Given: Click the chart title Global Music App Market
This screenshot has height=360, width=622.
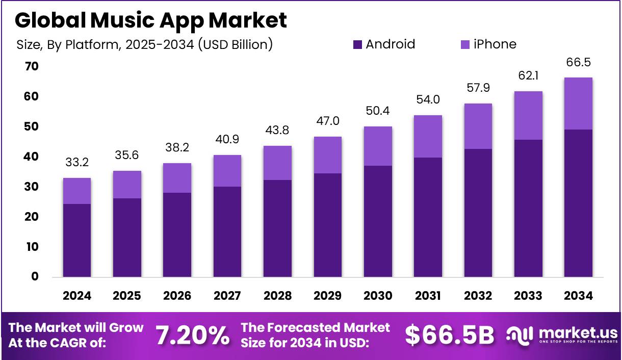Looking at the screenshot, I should coord(150,20).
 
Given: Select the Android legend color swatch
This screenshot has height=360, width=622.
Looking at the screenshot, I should coord(357,45).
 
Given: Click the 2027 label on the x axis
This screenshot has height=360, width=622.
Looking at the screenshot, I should coord(227,296).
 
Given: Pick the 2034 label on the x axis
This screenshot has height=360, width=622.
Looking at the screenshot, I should coord(578,296).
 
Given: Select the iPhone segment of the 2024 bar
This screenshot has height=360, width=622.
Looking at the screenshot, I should coord(77,191).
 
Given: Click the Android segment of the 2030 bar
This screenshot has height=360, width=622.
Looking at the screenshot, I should coord(378,221).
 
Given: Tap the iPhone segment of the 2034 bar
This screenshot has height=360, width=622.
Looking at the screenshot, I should coord(578,104).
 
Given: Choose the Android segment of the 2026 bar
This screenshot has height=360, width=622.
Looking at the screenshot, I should coord(177,235).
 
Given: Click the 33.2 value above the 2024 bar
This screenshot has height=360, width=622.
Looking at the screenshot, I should coord(77,163).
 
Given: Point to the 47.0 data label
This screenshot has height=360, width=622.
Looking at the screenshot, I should coord(328,121).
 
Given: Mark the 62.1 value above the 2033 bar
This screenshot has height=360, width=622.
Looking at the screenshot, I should coord(528,76).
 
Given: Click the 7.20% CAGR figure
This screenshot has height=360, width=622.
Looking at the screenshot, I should coord(192,335).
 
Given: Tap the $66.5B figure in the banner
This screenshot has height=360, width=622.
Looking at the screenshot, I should coord(450,335).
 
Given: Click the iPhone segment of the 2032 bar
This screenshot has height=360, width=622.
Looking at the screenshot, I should coord(478,126).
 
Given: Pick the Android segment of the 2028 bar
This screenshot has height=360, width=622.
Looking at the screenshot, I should coord(277,228).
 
